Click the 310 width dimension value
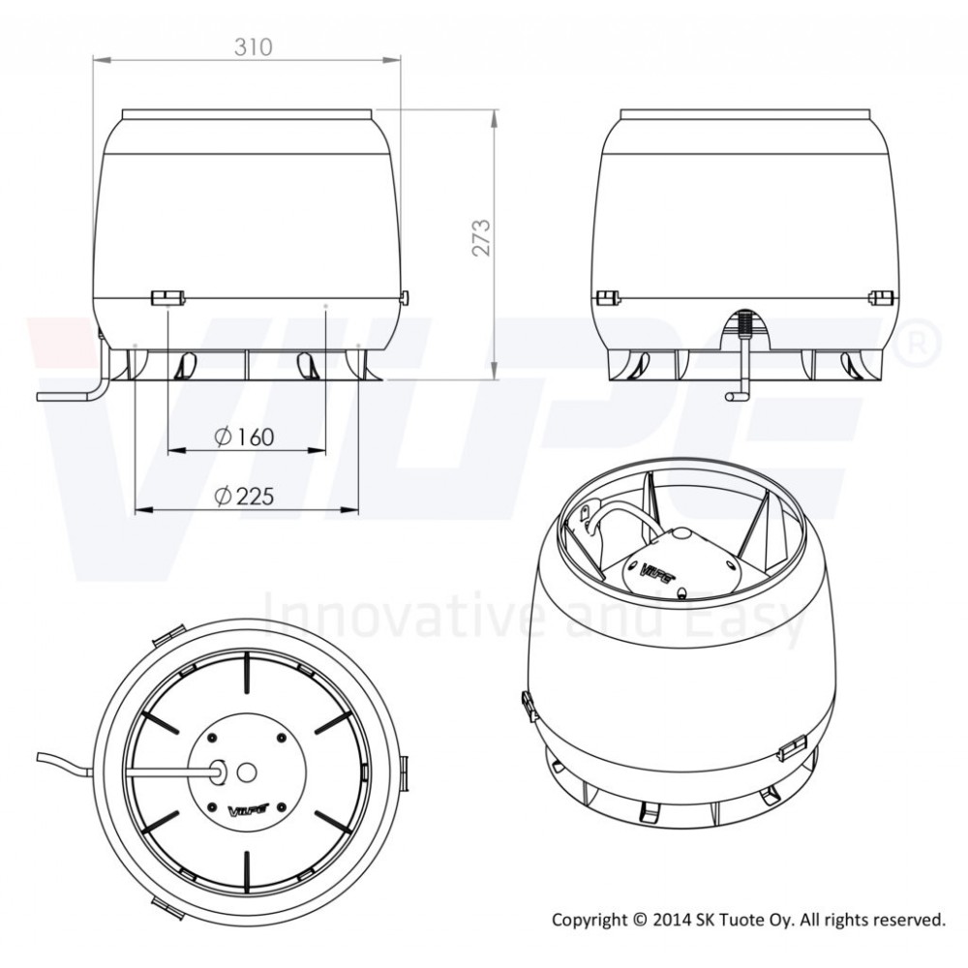(x=253, y=46)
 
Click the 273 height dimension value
(x=481, y=237)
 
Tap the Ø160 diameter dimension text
(x=245, y=438)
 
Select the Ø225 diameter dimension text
(x=245, y=496)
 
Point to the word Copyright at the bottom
(x=589, y=921)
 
